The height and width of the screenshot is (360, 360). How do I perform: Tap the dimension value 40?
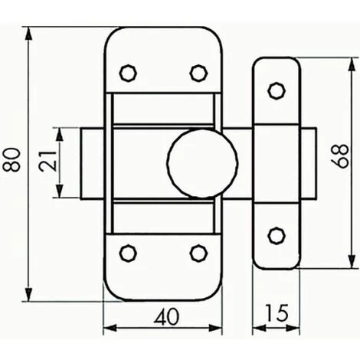[162, 314]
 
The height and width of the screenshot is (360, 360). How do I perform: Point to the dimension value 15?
[277, 314]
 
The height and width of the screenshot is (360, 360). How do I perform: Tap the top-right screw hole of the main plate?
[198, 72]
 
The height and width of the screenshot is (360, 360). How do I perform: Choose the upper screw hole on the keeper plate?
[274, 91]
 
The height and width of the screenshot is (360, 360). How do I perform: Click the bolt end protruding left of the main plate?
[91, 163]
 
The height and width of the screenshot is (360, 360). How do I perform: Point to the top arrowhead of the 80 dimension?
[29, 32]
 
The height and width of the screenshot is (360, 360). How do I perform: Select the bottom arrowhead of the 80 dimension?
[29, 296]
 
